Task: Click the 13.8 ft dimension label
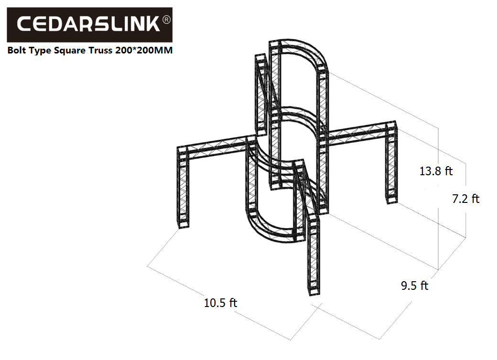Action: (x=436, y=171)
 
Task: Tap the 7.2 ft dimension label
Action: (x=465, y=199)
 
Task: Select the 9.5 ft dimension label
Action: (x=415, y=286)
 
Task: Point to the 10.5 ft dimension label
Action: (x=220, y=303)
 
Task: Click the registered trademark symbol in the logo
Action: (x=166, y=20)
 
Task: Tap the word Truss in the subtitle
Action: (x=100, y=50)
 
